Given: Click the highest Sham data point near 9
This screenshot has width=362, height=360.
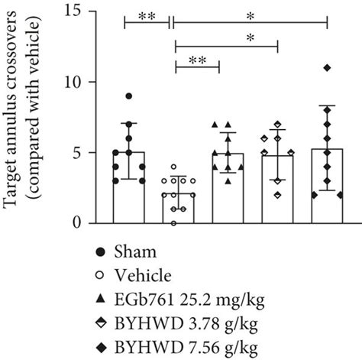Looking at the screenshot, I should click(x=129, y=96).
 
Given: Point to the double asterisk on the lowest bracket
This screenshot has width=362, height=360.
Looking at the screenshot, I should click(x=197, y=59).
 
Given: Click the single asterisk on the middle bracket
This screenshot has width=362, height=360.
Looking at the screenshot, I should click(x=226, y=37).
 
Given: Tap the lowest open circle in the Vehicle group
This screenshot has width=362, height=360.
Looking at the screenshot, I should click(x=176, y=223).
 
